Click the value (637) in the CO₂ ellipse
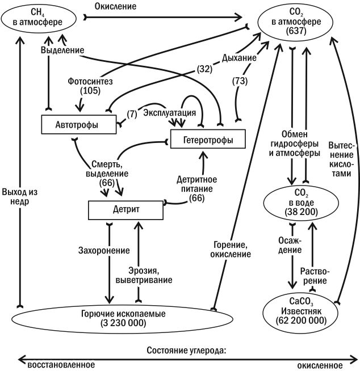(296, 31)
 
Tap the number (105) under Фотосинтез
(90, 91)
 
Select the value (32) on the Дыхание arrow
(204, 69)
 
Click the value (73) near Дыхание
(240, 81)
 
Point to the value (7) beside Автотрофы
(132, 114)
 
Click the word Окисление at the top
(116, 6)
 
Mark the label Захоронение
(104, 250)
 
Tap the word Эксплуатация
(170, 113)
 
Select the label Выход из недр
(20, 197)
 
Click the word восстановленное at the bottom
(61, 365)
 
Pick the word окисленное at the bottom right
(320, 365)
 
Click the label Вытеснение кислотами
(341, 159)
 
